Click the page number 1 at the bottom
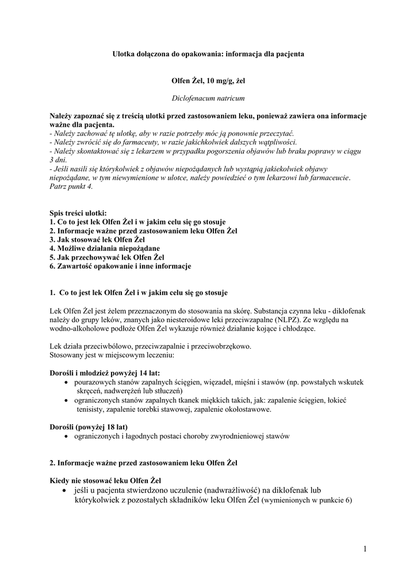coord(365,550)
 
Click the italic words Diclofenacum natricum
coord(208,98)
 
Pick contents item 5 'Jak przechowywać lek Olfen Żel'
coord(107,257)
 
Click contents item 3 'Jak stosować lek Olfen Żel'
coord(97,239)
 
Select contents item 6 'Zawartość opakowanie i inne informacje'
coord(120,266)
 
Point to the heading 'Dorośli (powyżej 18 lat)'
coord(89,427)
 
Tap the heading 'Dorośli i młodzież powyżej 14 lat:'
coord(105,373)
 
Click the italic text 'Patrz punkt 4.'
coord(71,187)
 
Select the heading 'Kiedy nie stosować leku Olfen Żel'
coord(105,480)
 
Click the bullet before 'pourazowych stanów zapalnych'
coord(68,382)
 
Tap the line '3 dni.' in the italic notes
coord(59,160)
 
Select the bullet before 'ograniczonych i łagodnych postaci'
coord(68,436)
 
